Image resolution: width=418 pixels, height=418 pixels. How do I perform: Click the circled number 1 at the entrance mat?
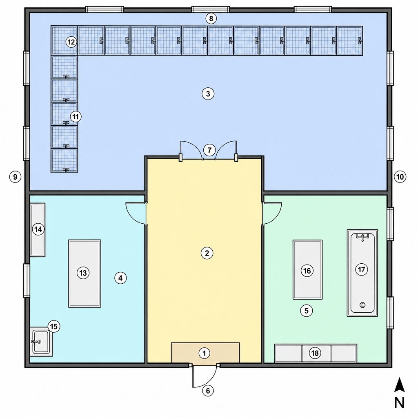point(205,353)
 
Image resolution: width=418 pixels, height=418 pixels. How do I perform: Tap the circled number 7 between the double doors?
point(209,150)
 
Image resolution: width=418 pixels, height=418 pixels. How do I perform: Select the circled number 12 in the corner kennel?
point(71,42)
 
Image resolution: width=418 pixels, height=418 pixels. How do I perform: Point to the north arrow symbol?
point(399,385)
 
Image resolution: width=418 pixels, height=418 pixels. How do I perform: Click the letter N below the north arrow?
point(399,402)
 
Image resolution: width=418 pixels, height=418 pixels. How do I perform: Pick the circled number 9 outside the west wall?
point(15,177)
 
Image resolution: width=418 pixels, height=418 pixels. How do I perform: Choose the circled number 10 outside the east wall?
point(400,177)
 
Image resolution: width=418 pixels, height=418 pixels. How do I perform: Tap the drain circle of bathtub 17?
point(362,305)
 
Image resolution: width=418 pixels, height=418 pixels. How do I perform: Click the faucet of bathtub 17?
point(362,237)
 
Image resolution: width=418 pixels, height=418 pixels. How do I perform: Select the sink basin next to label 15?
point(40,342)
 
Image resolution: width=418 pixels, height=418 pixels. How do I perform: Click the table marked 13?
point(84,273)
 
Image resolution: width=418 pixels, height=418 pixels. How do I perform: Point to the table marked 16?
point(308,269)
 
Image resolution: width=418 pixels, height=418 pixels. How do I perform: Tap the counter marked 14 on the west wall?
point(38,230)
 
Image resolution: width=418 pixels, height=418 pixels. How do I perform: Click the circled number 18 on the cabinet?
point(315,353)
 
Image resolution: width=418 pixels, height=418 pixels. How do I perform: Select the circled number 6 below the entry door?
point(208,391)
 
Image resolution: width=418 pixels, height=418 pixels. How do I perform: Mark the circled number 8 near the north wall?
point(211,19)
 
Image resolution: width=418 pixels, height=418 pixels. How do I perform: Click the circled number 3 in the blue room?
point(208,94)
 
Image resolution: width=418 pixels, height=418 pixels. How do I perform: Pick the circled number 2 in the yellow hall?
point(207,253)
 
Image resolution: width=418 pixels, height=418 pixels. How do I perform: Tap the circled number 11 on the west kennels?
point(76,117)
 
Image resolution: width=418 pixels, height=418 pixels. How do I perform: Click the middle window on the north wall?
point(211,10)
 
